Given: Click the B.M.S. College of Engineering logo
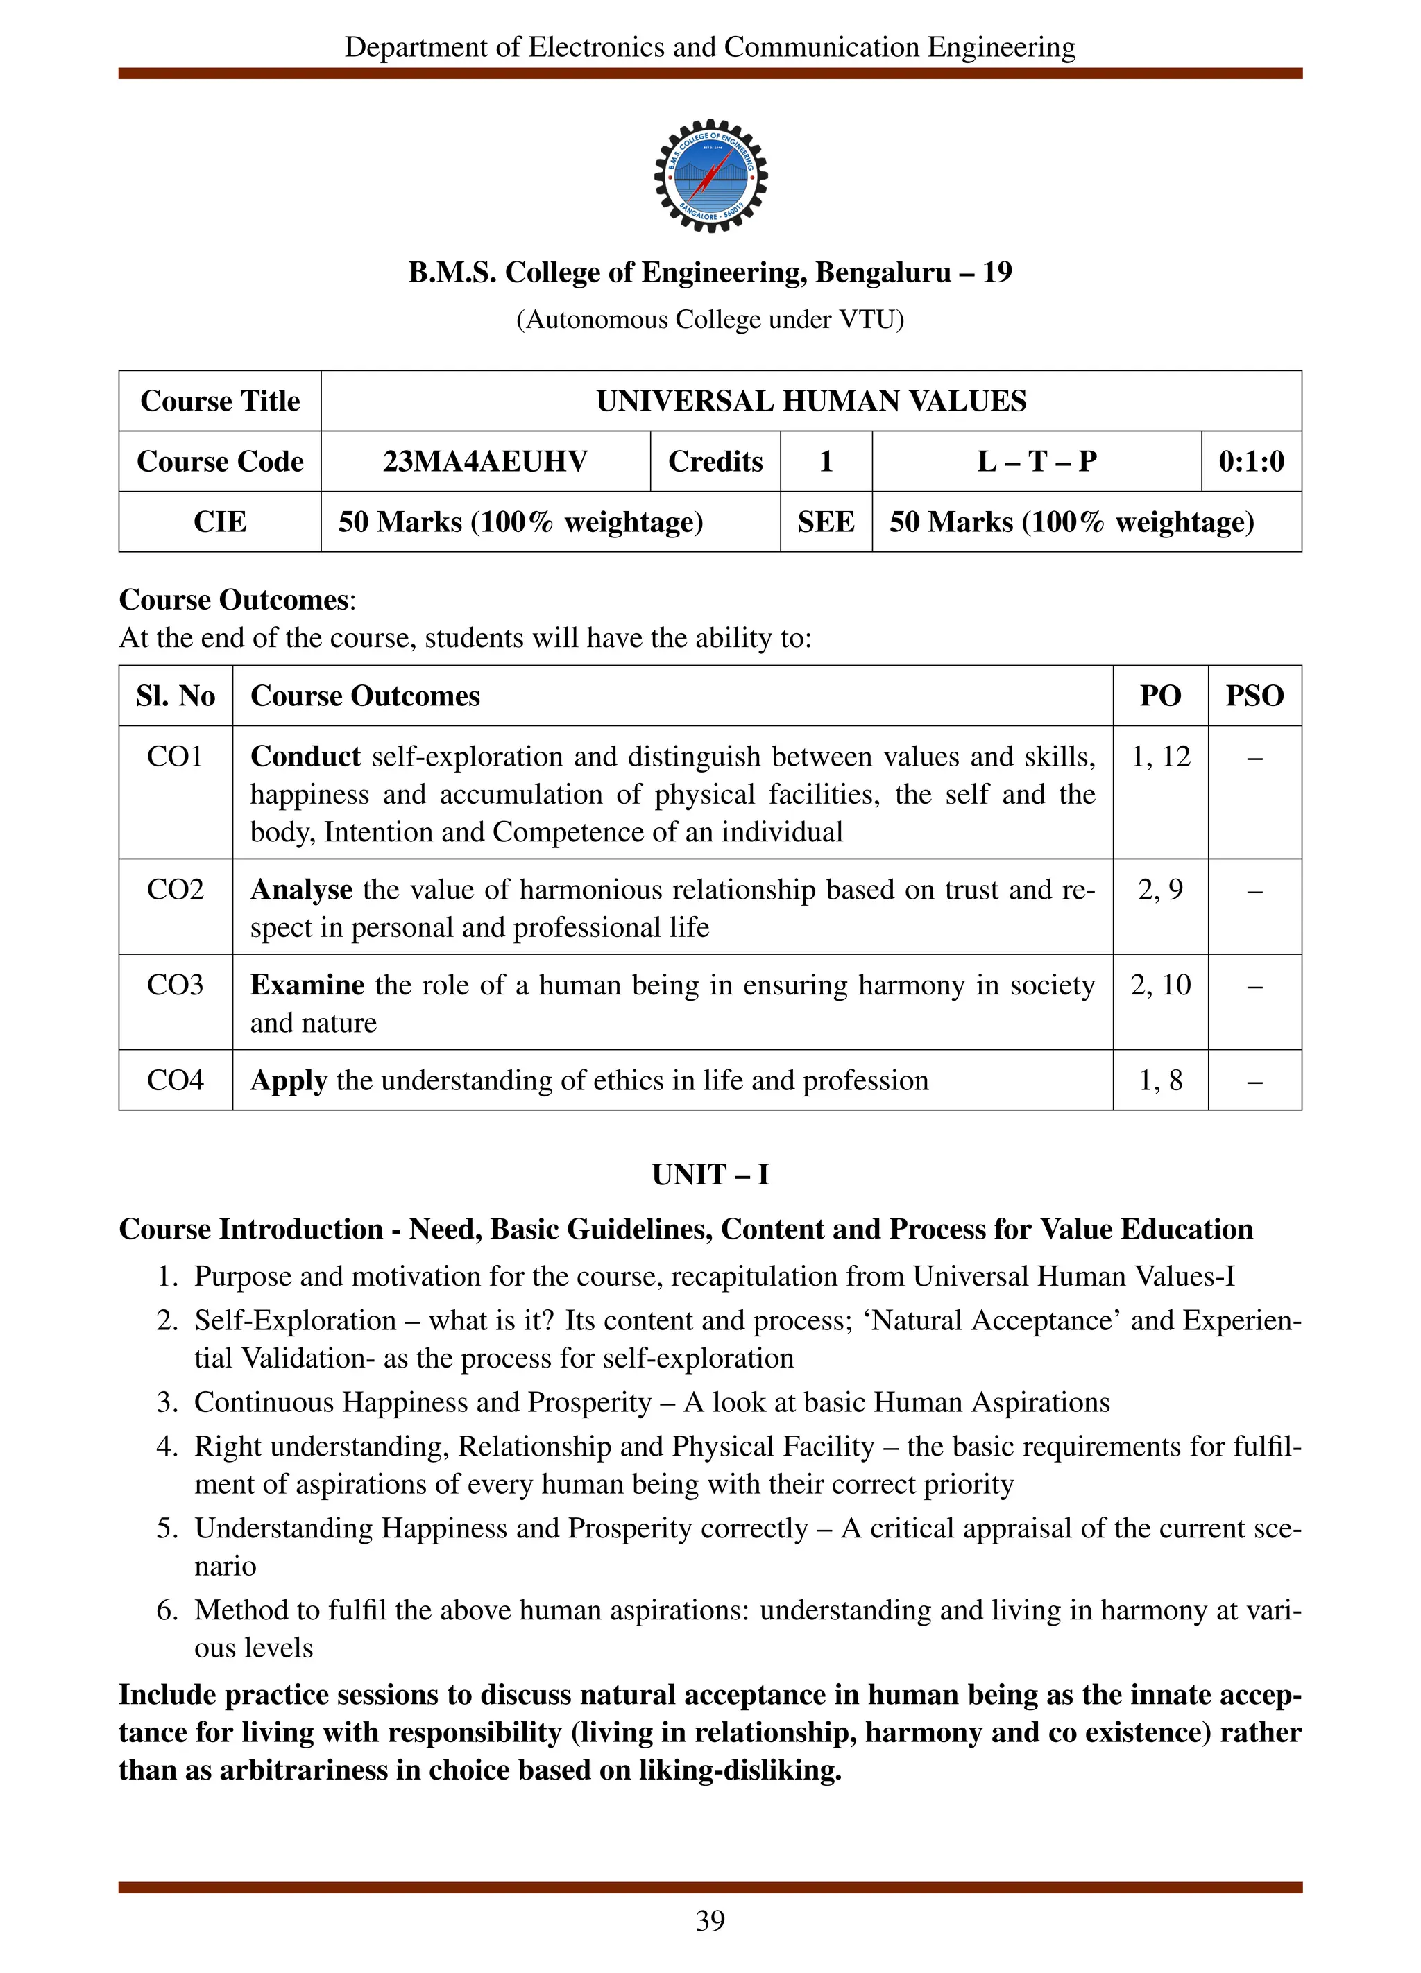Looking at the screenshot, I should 710,175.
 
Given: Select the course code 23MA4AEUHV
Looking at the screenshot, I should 485,461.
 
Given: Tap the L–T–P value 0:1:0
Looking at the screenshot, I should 1250,461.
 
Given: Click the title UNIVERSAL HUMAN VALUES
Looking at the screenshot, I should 810,401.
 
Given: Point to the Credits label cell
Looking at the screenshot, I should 715,461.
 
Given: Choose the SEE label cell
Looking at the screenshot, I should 825,522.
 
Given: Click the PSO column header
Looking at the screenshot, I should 1254,696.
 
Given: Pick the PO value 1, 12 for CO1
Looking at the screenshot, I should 1160,757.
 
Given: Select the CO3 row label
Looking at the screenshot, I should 175,985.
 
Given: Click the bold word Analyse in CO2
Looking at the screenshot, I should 301,890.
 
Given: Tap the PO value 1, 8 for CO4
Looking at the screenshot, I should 1160,1080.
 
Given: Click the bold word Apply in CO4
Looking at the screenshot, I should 288,1080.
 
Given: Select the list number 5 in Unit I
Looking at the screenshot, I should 167,1528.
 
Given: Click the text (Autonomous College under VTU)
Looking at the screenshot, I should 710,320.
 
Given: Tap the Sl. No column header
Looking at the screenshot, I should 175,696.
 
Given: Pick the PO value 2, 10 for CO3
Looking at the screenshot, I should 1160,985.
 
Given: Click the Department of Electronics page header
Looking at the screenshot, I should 710,47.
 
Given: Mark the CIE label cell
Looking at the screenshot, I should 219,522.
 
